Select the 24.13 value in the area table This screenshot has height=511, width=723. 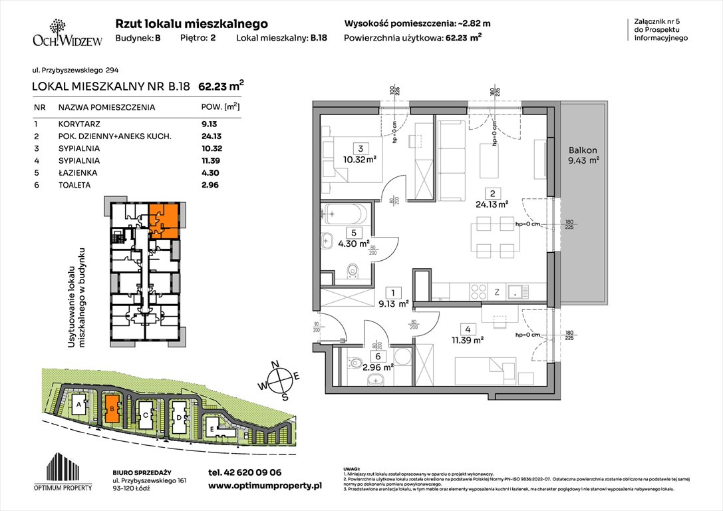(x=214, y=136)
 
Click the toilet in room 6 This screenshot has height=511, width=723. (x=355, y=363)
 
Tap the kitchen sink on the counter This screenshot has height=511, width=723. (x=516, y=291)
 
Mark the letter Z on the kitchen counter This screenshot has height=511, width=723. (x=498, y=291)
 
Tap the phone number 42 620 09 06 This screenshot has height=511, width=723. (x=245, y=472)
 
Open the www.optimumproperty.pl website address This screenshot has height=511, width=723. (x=265, y=486)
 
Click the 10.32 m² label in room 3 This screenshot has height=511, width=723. (x=361, y=160)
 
